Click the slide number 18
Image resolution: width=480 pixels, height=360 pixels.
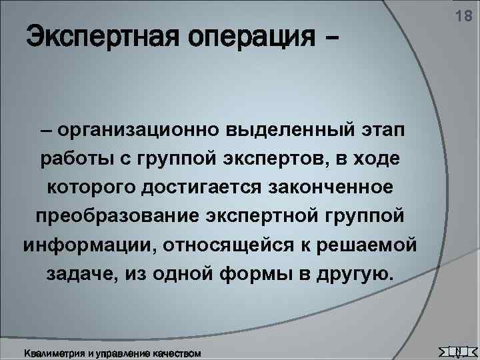462,17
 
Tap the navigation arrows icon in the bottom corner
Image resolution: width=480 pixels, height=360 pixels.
455,350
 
